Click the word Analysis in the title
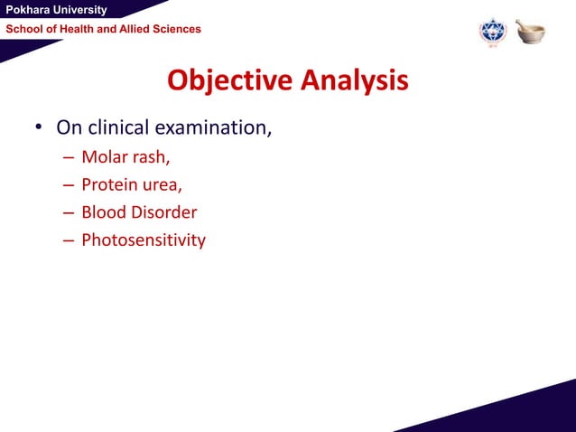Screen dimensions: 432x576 pyautogui.click(x=354, y=80)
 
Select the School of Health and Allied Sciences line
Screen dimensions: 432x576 pyautogui.click(x=104, y=30)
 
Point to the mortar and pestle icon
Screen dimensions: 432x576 pyautogui.click(x=531, y=31)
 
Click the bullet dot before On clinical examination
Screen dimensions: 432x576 pyautogui.click(x=40, y=128)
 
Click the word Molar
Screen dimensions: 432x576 pyautogui.click(x=105, y=157)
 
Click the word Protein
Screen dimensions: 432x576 pyautogui.click(x=111, y=185)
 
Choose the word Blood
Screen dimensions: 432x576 pyautogui.click(x=105, y=212)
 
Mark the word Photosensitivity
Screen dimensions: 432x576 pyautogui.click(x=144, y=240)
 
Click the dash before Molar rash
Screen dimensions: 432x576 pyautogui.click(x=69, y=158)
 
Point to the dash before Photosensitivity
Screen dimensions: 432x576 pyautogui.click(x=69, y=241)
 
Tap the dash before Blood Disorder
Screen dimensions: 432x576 pyautogui.click(x=69, y=213)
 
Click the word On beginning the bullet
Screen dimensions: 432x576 pyautogui.click(x=69, y=127)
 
